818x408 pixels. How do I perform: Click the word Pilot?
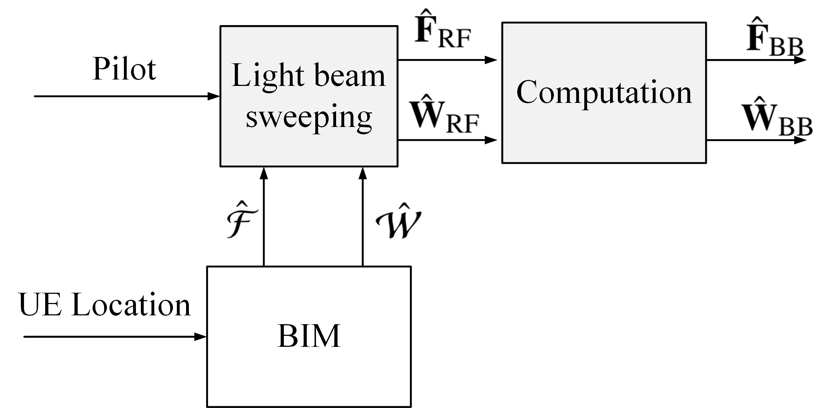(x=124, y=69)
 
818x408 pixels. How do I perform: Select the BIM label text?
(x=309, y=336)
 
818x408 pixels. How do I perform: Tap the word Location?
(x=131, y=305)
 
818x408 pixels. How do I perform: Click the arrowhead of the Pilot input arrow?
(x=214, y=96)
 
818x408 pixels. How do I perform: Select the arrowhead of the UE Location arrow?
(x=200, y=337)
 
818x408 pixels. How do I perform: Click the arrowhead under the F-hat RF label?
(x=491, y=60)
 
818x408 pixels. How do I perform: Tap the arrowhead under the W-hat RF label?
(x=491, y=140)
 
